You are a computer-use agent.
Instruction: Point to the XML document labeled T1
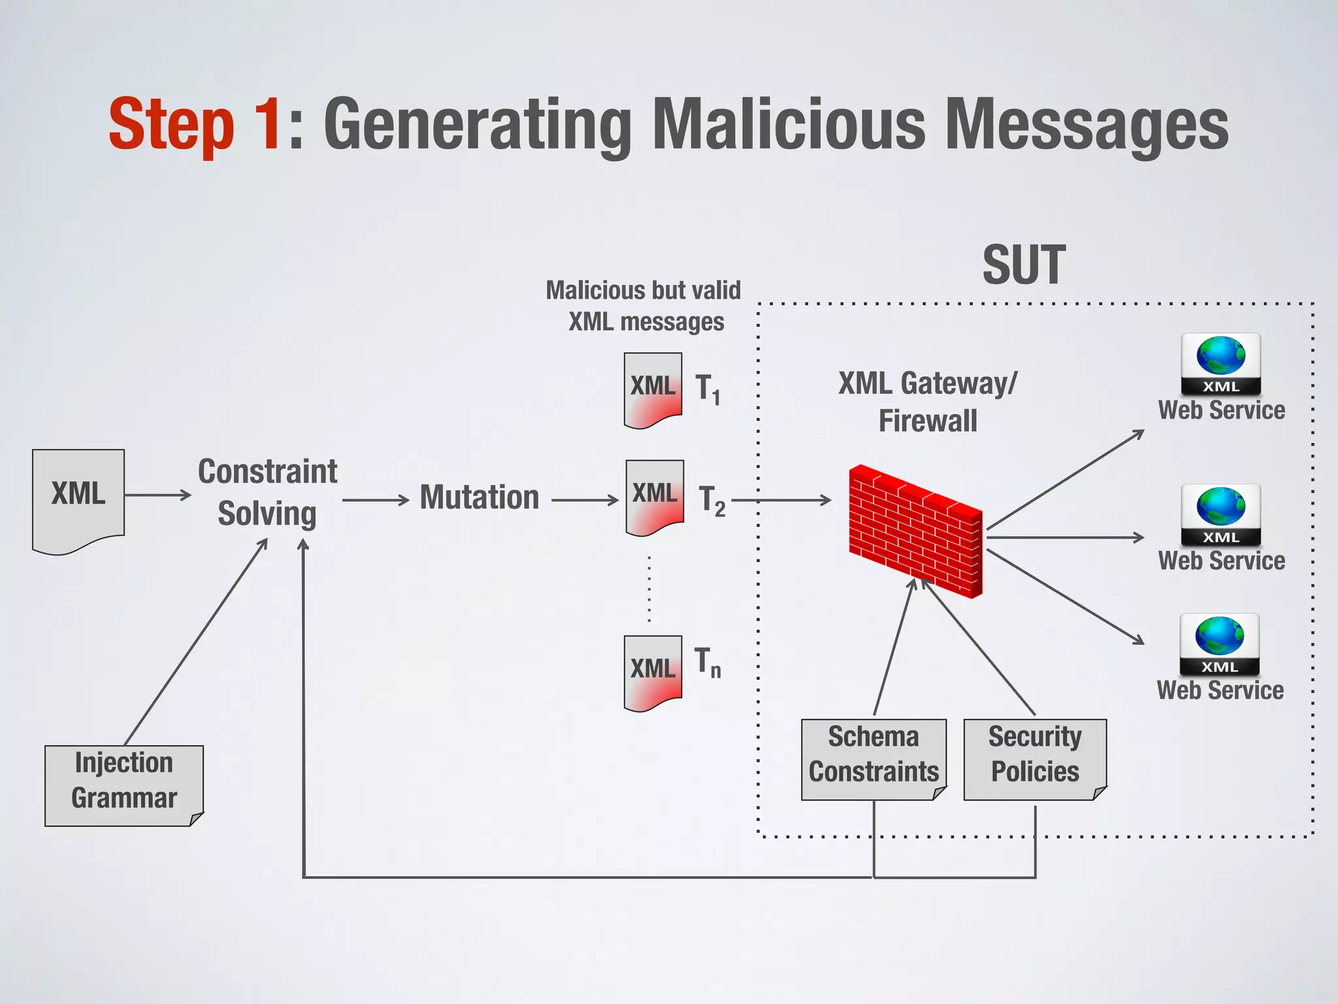[x=653, y=390]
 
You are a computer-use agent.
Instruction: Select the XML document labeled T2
[x=655, y=497]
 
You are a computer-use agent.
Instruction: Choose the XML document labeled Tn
[x=653, y=673]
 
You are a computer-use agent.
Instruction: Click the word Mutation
[x=480, y=497]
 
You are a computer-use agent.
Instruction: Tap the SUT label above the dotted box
[x=1024, y=265]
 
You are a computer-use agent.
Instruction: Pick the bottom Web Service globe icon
[x=1219, y=644]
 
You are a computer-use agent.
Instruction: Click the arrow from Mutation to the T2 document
[x=585, y=501]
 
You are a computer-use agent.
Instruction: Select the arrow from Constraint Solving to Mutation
[x=376, y=501]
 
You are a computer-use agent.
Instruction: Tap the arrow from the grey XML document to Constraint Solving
[x=157, y=495]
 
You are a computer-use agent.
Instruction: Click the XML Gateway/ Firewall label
[x=928, y=401]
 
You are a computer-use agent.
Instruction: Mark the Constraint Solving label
[x=267, y=492]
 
